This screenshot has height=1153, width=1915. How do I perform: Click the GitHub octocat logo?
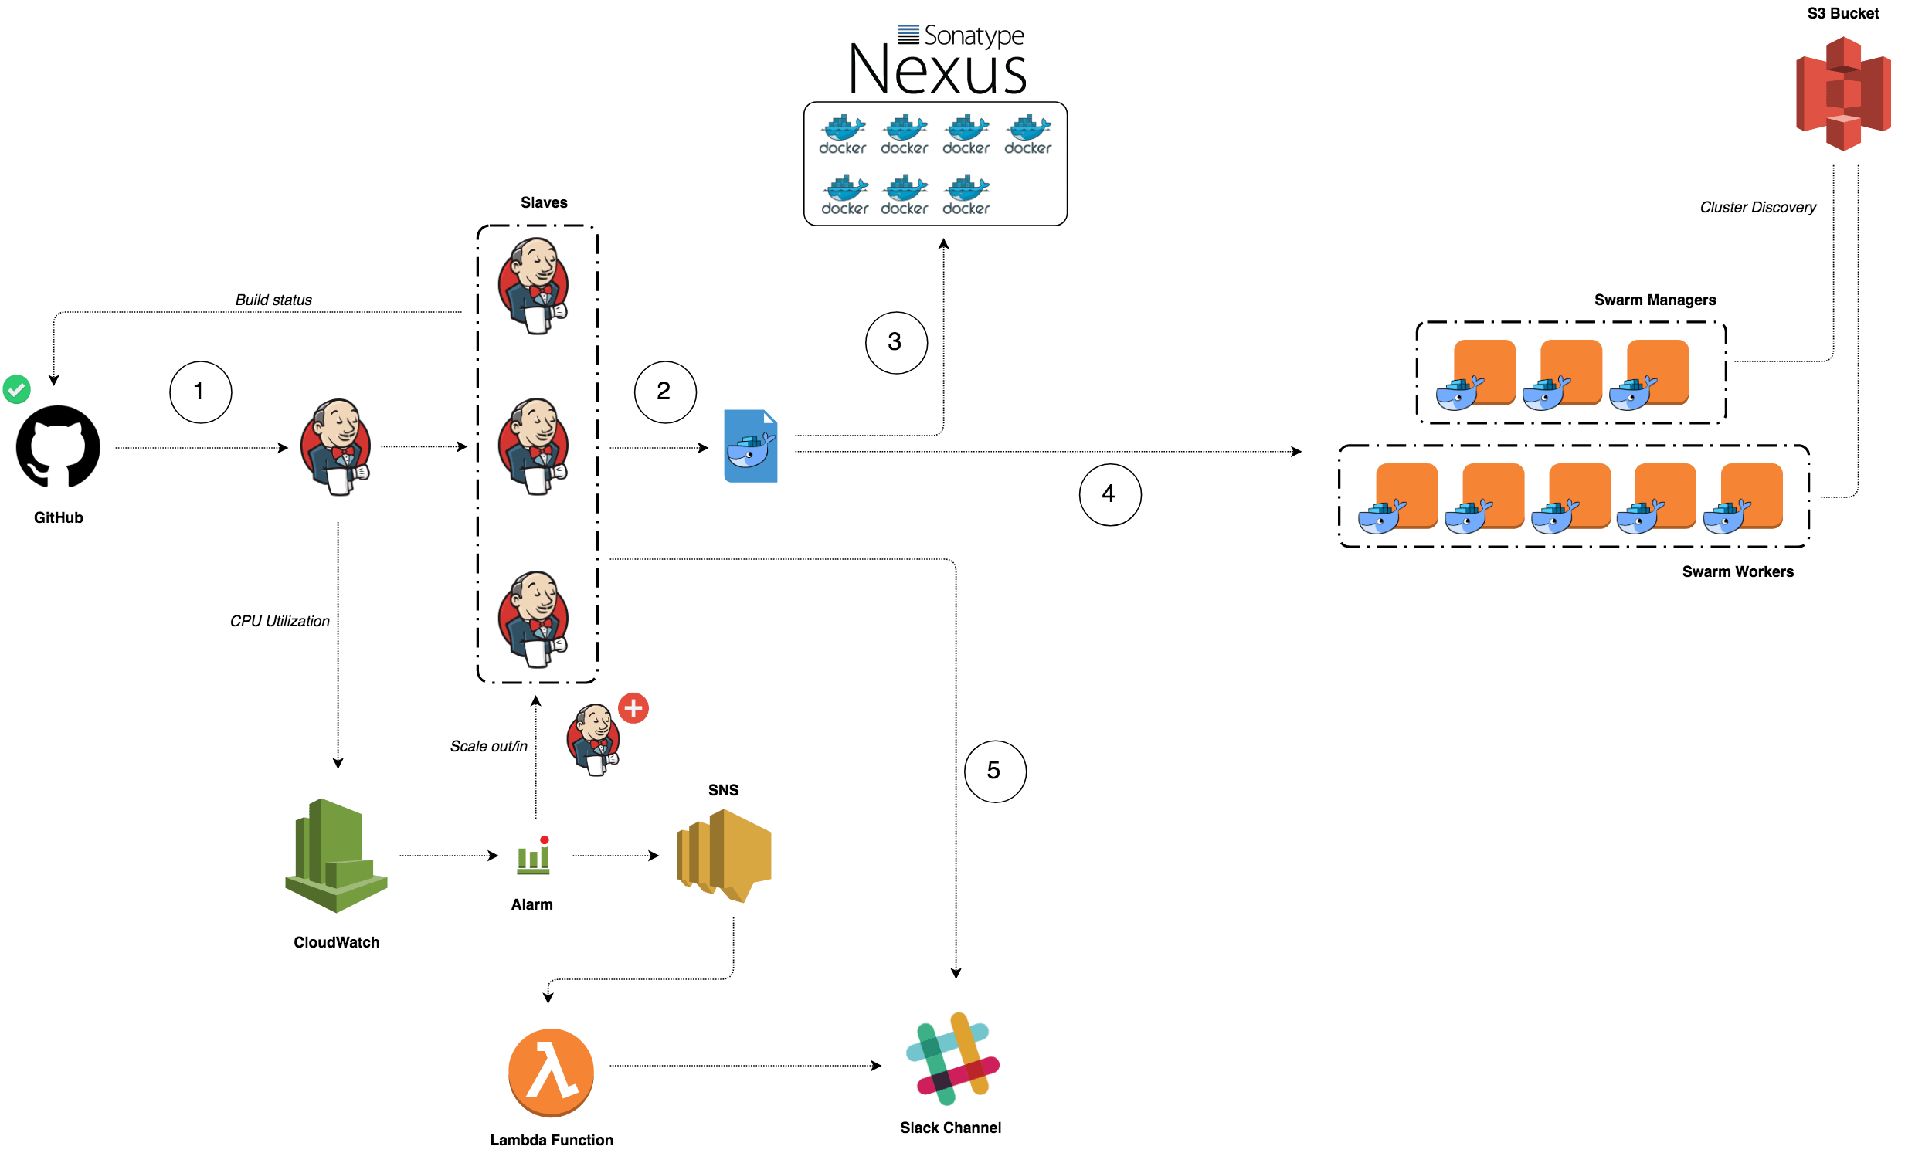[x=57, y=446]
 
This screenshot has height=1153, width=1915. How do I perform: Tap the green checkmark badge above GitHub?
[x=16, y=388]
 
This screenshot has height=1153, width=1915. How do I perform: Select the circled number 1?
[x=201, y=392]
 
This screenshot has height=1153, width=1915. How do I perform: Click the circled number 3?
[x=896, y=343]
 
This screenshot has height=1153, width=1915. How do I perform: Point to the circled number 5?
[x=995, y=771]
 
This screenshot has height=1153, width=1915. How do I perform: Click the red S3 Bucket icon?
[x=1842, y=93]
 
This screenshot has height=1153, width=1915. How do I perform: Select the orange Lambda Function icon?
[x=551, y=1072]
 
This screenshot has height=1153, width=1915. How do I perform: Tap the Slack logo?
[x=952, y=1058]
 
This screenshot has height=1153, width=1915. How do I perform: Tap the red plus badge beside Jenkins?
[x=633, y=708]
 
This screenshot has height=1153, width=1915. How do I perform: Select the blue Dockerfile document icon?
[x=751, y=446]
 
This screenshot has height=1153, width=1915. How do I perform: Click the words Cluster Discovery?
[x=1757, y=208]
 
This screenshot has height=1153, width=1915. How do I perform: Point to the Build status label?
[x=273, y=300]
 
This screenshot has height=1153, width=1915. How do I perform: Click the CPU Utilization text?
[x=280, y=621]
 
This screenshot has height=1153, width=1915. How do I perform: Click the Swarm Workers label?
[x=1738, y=571]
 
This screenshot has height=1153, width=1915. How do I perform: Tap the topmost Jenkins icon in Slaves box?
[x=534, y=287]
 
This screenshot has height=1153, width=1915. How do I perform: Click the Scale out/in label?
[x=489, y=746]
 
